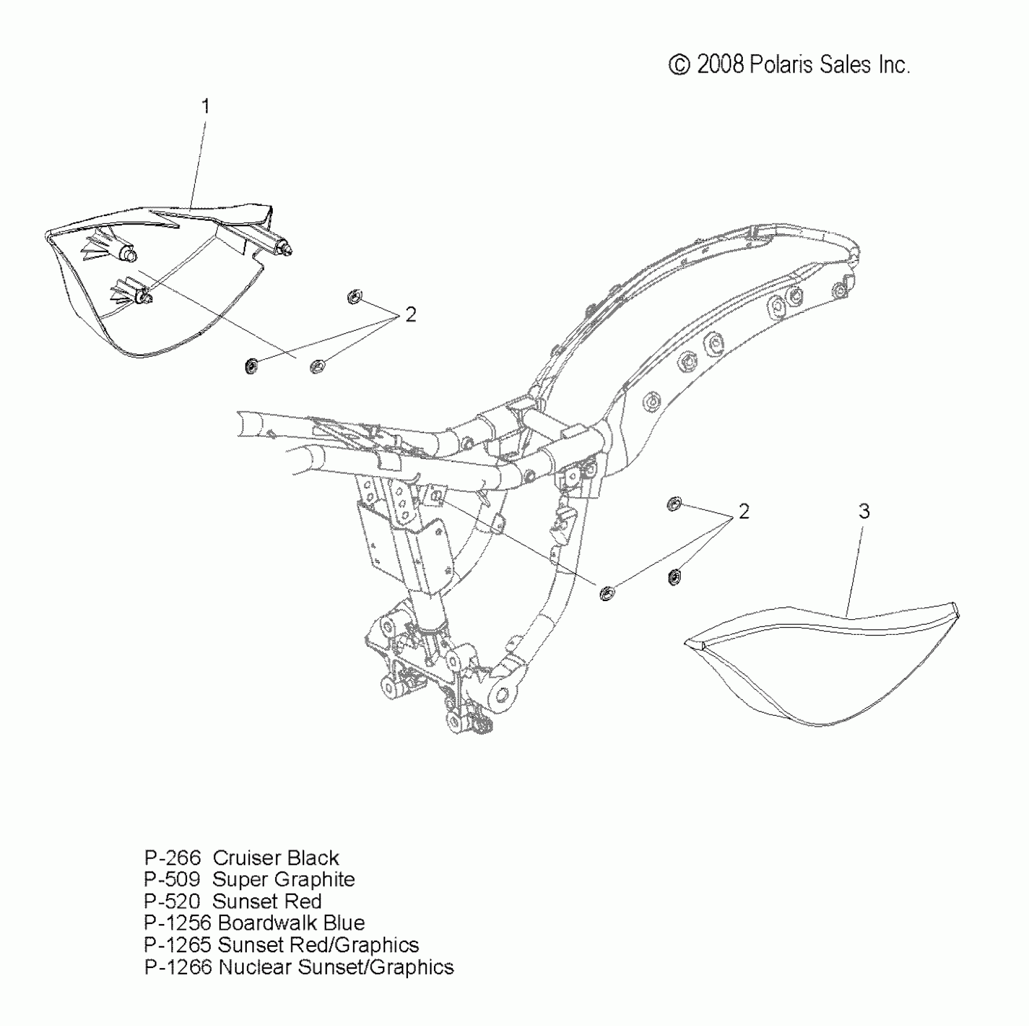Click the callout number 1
click(205, 107)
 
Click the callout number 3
click(864, 512)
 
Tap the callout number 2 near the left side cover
click(410, 314)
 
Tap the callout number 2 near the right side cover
click(744, 512)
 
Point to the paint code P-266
click(172, 858)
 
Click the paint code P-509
click(172, 879)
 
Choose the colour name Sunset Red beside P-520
click(267, 901)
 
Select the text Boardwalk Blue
click(291, 923)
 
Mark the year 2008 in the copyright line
click(721, 65)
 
